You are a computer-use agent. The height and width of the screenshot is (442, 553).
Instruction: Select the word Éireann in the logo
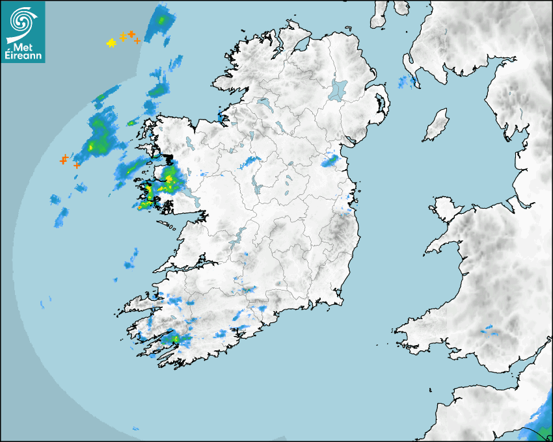click(23, 56)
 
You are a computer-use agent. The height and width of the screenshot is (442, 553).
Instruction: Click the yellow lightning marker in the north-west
click(111, 44)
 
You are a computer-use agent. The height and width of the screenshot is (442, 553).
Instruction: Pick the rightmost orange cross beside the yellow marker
click(137, 40)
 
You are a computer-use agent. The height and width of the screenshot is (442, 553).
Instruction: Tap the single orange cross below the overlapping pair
click(77, 165)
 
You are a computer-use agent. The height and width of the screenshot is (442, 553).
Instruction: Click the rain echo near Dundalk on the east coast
click(332, 159)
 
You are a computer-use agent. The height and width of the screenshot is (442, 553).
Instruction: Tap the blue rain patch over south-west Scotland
click(407, 82)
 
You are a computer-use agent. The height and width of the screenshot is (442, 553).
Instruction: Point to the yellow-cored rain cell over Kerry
click(174, 339)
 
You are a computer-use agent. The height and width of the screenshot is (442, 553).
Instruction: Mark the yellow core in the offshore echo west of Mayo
click(92, 147)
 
